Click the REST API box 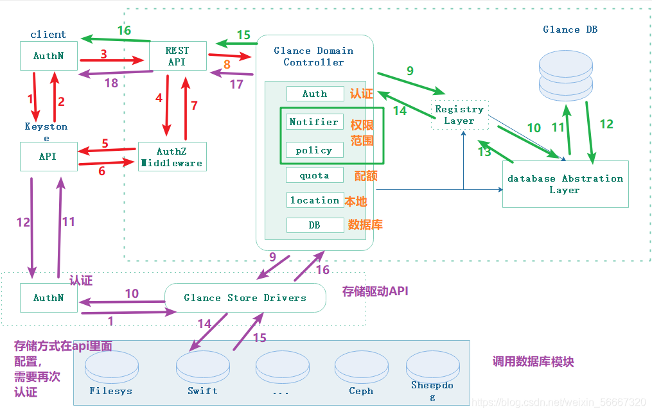(178, 56)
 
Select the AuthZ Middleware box (172, 157)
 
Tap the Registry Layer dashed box (460, 115)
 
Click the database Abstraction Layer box (565, 184)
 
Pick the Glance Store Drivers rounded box (245, 298)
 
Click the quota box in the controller (315, 175)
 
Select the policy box (315, 150)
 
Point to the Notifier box (315, 122)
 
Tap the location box (315, 200)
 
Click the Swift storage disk (203, 367)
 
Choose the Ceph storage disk (362, 367)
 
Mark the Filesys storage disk (111, 367)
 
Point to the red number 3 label (103, 54)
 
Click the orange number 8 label (227, 64)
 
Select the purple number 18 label (111, 83)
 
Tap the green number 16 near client (125, 30)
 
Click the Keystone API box (49, 157)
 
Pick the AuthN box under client (49, 56)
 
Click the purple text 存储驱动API (375, 291)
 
